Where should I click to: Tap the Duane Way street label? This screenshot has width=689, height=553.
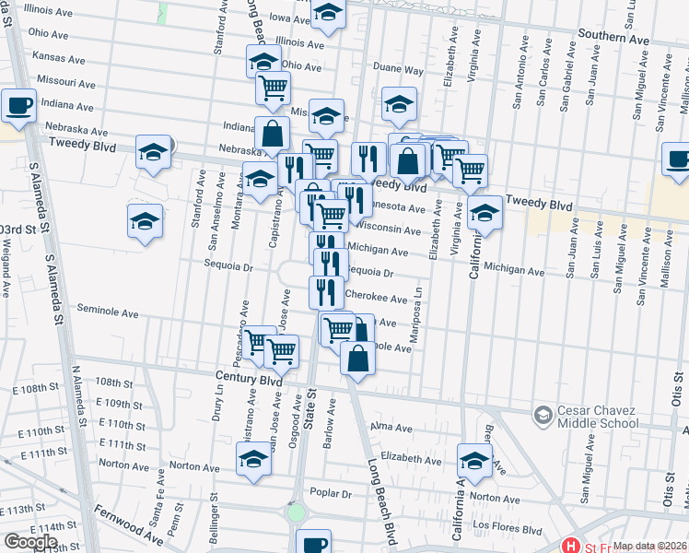(x=398, y=69)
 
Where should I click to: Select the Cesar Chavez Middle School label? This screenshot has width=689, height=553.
(x=598, y=417)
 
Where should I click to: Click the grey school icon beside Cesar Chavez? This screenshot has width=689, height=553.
(x=543, y=417)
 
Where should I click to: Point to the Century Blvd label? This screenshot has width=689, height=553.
(x=249, y=379)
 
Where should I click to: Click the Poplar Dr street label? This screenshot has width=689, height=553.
(x=332, y=493)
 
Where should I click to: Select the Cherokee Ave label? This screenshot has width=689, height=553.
(x=375, y=300)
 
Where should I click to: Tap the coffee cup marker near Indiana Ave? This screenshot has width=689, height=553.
(x=18, y=105)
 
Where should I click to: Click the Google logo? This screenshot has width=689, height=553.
(x=30, y=542)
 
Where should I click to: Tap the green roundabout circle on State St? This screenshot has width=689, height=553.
(x=297, y=512)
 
